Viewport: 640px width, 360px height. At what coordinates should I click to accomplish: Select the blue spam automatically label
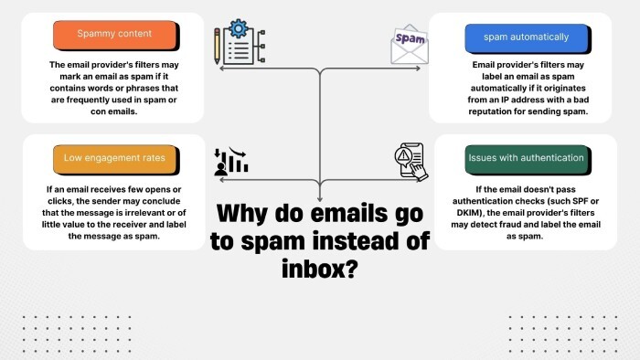(528, 37)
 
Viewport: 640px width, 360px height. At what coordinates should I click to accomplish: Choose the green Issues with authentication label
(525, 157)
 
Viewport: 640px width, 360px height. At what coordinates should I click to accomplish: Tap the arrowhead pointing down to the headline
(320, 196)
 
